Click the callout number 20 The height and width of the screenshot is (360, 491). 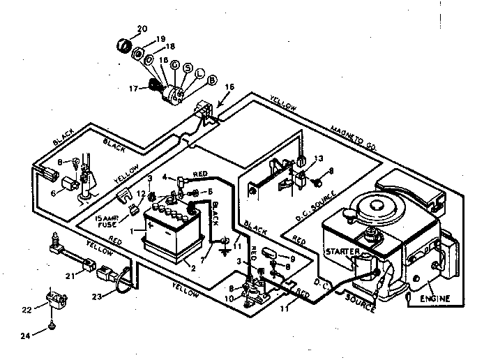142,29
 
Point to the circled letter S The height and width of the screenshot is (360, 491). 187,67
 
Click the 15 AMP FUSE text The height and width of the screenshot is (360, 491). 109,221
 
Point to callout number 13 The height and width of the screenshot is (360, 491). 320,157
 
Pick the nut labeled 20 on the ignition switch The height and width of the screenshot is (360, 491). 124,45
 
